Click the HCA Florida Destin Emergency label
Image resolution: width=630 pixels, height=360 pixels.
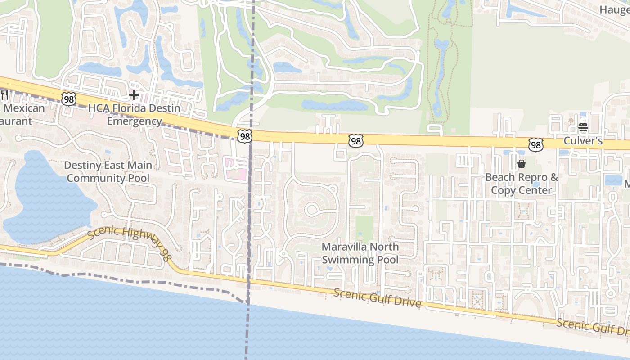pos(134,115)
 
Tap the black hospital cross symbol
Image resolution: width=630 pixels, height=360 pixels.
pos(134,95)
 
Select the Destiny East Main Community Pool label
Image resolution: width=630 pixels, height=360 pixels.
pos(108,171)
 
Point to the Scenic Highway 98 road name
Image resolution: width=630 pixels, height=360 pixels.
pos(128,243)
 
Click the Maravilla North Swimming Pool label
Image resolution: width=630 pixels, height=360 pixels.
pos(360,253)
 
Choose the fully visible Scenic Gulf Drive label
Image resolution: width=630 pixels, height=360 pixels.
pos(377,298)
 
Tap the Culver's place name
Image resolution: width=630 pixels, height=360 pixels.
pos(583,141)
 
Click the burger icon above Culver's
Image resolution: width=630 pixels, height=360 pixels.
pos(583,127)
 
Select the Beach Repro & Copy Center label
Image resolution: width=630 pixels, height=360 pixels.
pos(521,184)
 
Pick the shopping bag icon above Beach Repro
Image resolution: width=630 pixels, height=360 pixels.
pos(521,164)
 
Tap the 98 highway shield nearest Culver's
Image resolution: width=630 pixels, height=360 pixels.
pos(535,144)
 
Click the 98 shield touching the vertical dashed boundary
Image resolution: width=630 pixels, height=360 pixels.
pos(245,136)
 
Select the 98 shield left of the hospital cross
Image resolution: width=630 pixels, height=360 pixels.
pos(68,99)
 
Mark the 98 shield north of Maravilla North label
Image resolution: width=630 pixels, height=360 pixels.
pos(355,141)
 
